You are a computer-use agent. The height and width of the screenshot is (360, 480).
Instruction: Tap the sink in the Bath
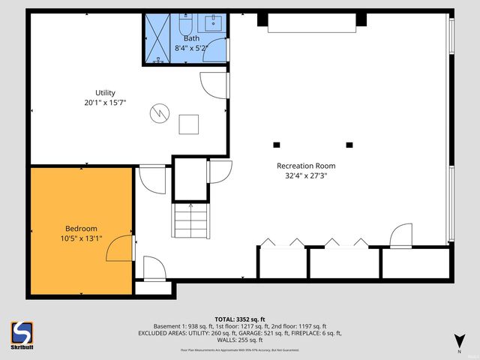pos(214,22)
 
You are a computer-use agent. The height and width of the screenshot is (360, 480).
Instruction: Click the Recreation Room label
pos(306,166)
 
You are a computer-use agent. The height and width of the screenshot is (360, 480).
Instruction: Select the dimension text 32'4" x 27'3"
pos(306,175)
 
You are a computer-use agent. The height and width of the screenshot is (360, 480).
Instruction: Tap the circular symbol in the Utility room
pos(159,113)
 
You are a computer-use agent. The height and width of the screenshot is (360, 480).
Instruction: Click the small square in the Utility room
pos(188,124)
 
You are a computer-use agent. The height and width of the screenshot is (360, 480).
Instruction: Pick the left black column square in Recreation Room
pos(276,144)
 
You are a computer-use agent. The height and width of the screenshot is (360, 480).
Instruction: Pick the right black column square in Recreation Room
pos(349,144)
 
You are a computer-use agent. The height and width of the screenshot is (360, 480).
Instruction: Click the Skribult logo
pos(23,334)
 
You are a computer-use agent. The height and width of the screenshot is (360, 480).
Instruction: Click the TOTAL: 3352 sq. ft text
pos(239,319)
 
